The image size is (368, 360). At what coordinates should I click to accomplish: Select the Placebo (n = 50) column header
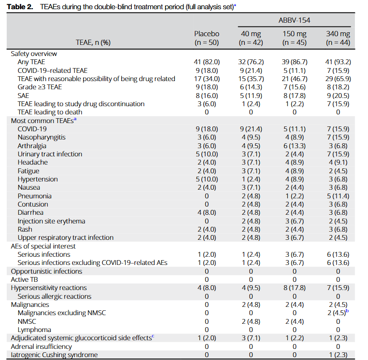tap(207, 38)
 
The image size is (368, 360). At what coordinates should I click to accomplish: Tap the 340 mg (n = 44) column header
tap(338, 38)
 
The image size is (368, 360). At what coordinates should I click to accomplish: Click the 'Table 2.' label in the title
tap(20, 6)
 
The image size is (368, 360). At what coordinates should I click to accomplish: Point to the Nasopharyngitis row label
tap(41, 137)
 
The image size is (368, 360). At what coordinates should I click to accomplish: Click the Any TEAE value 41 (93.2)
tap(338, 62)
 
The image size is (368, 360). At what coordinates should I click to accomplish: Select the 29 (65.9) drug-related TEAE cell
tap(338, 79)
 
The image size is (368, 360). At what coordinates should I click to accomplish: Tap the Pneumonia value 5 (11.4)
tap(338, 196)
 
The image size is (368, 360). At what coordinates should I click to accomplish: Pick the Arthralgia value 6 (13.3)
tap(294, 146)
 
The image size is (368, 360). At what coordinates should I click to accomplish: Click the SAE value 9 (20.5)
tap(338, 96)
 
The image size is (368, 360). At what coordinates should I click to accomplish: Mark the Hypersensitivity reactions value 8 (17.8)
tap(294, 288)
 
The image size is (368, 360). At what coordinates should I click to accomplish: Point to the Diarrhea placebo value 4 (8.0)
tap(207, 213)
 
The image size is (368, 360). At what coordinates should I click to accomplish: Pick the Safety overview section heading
tap(34, 54)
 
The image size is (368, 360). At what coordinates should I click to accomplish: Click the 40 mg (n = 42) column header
tap(251, 38)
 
